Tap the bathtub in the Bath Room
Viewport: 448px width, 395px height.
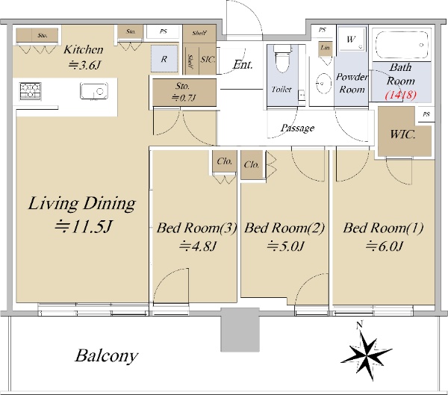coord(402,45)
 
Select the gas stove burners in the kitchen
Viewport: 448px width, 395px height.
coord(30,91)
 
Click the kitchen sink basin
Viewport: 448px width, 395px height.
coord(94,91)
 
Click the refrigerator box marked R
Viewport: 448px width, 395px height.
coord(164,58)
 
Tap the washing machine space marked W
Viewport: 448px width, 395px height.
coord(352,39)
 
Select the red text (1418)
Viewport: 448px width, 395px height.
coord(401,94)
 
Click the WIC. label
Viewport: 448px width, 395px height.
coord(402,134)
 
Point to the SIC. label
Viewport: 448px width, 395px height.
coord(208,60)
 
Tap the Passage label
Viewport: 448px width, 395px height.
coord(297,128)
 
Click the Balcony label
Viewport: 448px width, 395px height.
coord(106,356)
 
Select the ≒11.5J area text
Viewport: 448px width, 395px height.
coord(83,227)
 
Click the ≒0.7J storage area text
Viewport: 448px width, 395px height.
coord(184,98)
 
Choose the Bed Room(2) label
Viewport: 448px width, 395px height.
coord(284,228)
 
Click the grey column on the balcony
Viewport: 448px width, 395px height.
coord(240,329)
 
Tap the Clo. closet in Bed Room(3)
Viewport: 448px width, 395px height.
coord(225,161)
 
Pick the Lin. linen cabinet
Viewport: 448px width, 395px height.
coord(326,49)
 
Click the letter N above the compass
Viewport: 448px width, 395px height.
coord(359,325)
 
